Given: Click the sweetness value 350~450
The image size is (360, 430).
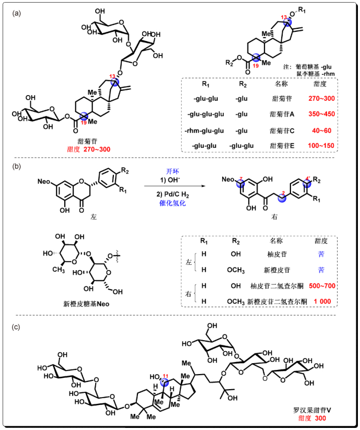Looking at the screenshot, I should click(x=321, y=112).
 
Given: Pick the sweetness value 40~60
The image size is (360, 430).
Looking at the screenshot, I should click(x=321, y=128).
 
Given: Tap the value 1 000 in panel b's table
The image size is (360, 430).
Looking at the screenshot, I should click(x=322, y=303).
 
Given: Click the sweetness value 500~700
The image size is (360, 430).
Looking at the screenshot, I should click(x=322, y=286).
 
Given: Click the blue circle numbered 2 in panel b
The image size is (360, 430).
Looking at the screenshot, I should click(x=283, y=196).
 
